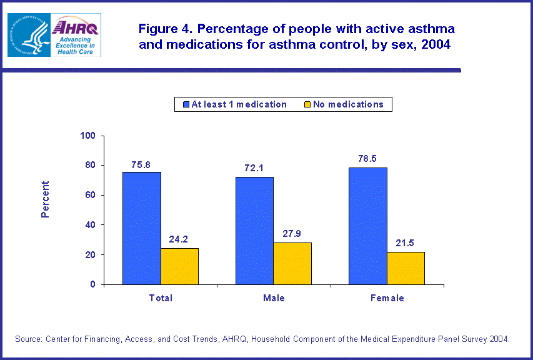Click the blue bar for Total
click(141, 228)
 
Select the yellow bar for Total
click(179, 266)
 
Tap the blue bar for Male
click(254, 231)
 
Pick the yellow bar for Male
click(292, 263)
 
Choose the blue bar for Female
click(368, 226)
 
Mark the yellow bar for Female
click(406, 268)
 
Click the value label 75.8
click(141, 165)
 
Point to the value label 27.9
click(292, 235)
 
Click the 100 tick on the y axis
click(87, 136)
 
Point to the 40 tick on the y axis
click(90, 225)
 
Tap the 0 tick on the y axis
click(92, 284)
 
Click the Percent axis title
click(45, 199)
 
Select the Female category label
click(387, 298)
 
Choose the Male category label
click(273, 298)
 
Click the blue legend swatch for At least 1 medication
click(186, 104)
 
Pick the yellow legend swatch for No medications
click(307, 104)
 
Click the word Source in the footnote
click(28, 339)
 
